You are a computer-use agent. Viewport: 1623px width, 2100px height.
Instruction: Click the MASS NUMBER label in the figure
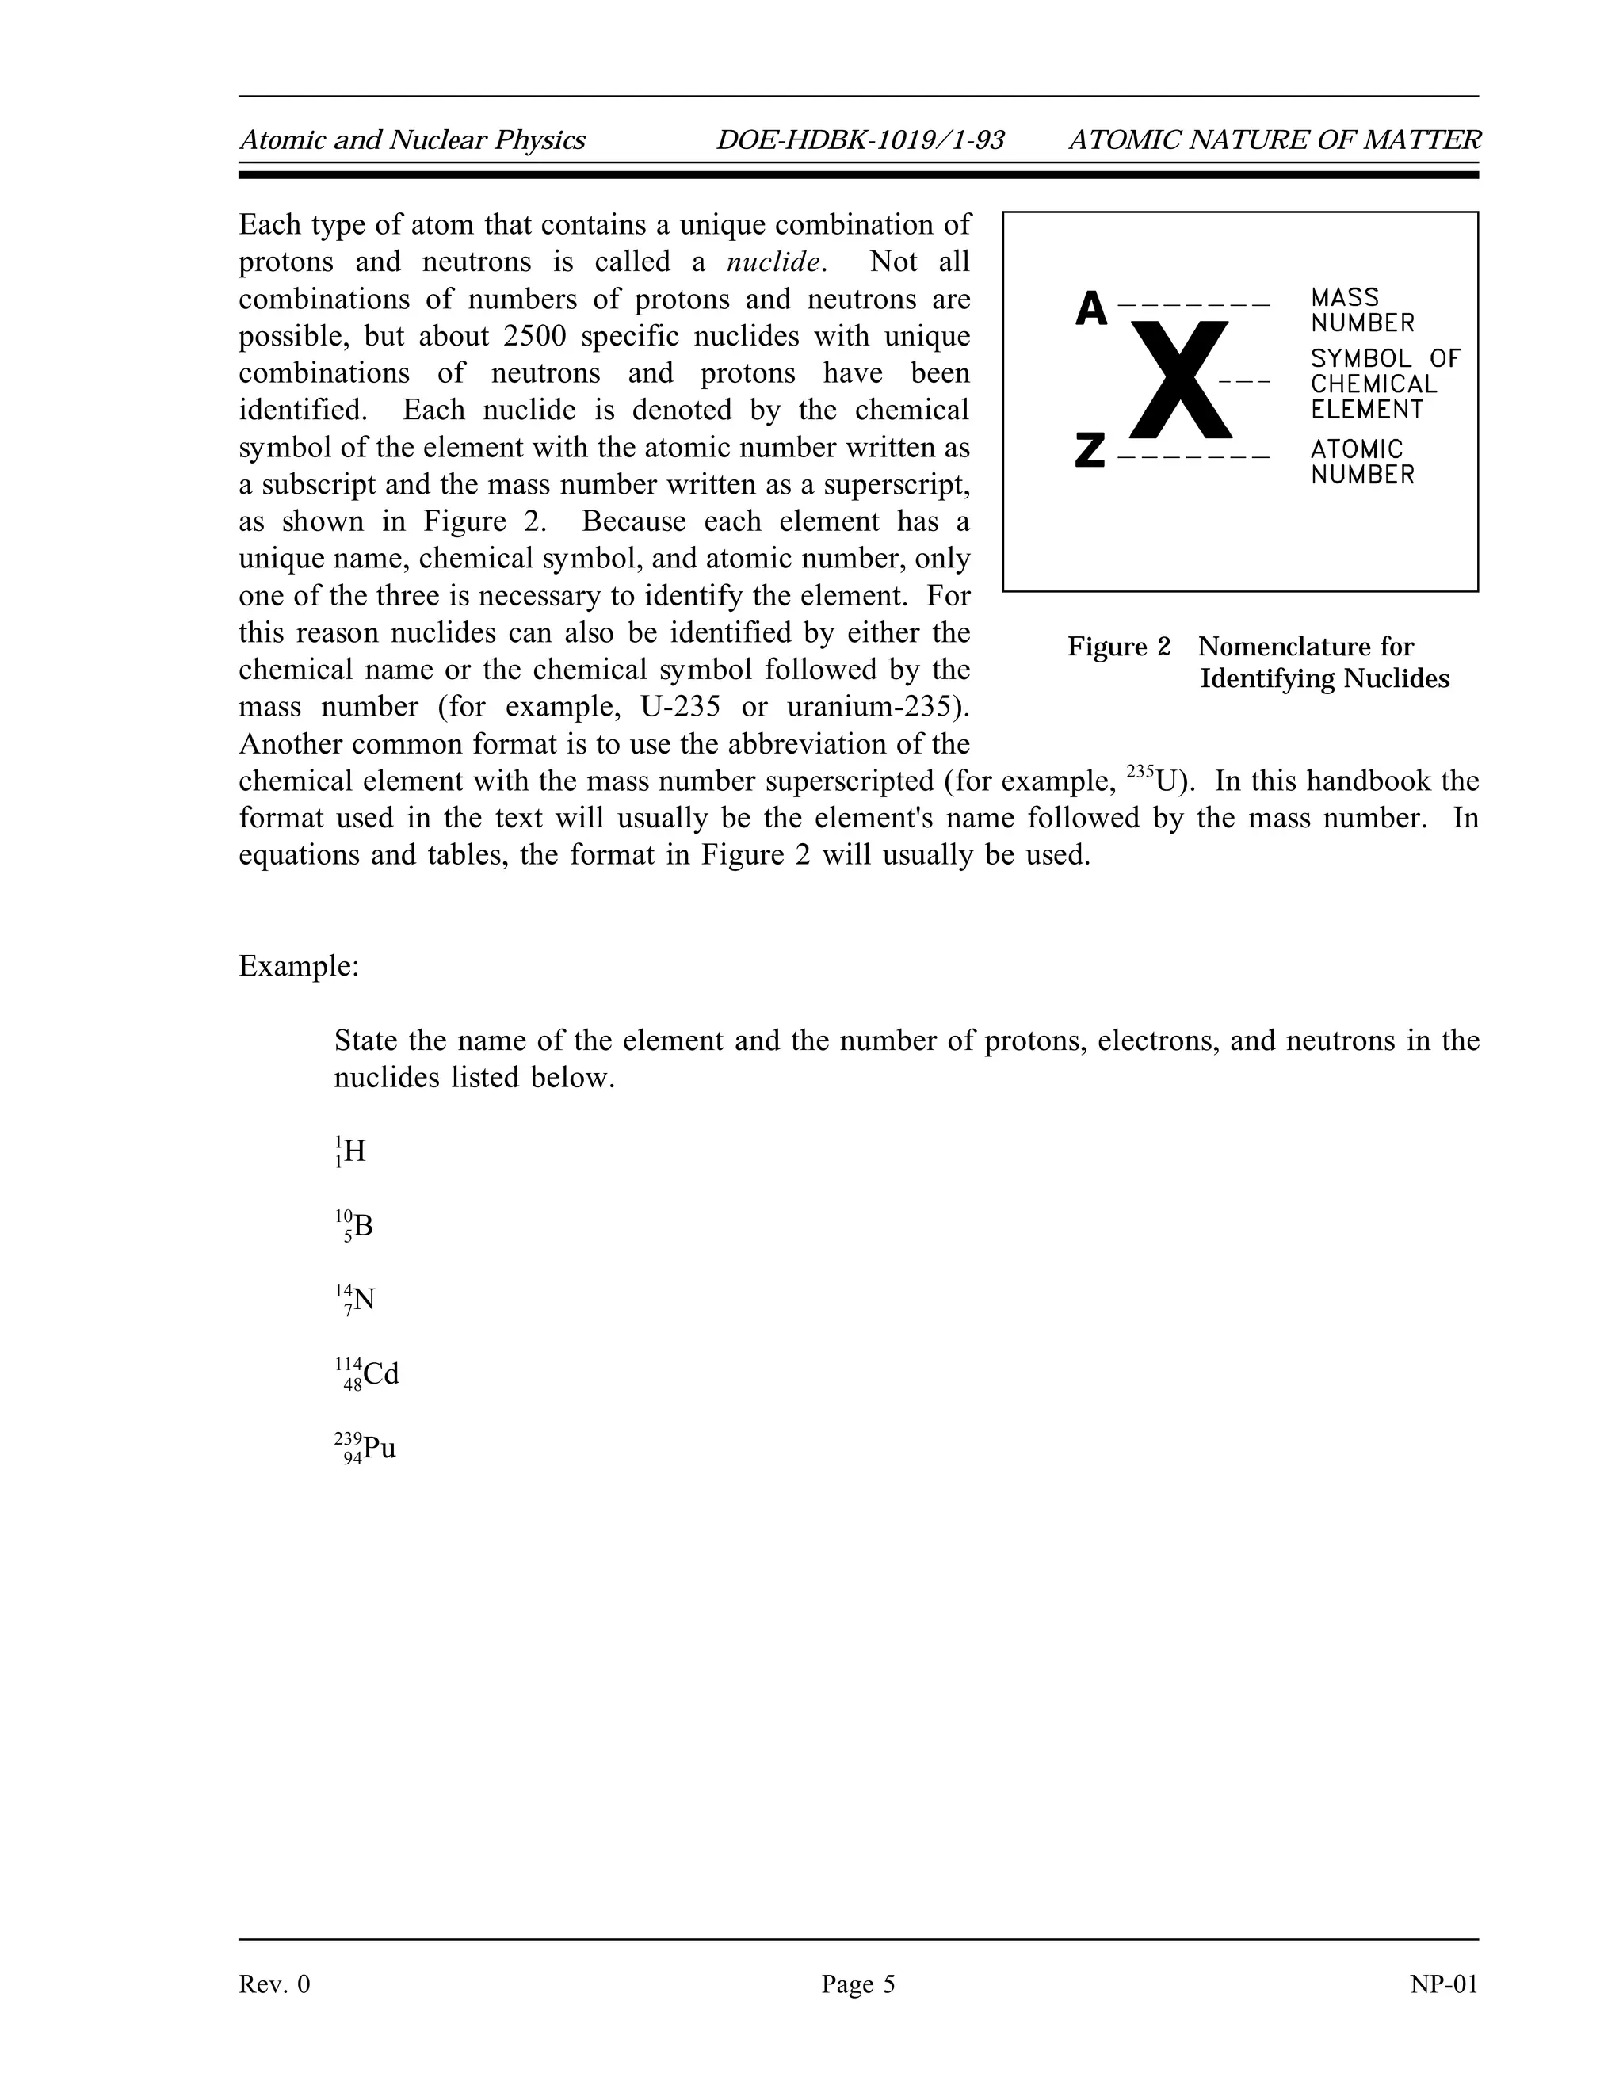point(1361,310)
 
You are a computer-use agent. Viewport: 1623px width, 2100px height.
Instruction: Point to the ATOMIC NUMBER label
point(1361,461)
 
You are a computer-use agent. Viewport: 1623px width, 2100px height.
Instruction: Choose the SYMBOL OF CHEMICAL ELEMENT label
point(1384,384)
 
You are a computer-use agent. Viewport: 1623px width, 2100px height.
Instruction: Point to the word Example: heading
point(298,966)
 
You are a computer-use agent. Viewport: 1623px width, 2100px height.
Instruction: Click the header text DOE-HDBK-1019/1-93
point(860,141)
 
